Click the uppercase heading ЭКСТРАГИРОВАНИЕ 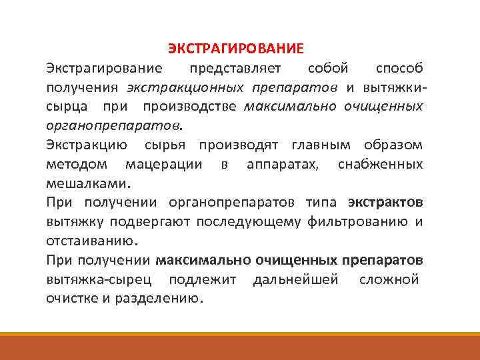235,49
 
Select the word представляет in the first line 235,69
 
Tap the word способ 399,69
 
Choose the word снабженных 379,165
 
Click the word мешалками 89,183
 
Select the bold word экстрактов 385,203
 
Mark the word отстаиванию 91,241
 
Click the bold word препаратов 383,260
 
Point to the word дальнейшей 295,279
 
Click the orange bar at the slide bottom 240,346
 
